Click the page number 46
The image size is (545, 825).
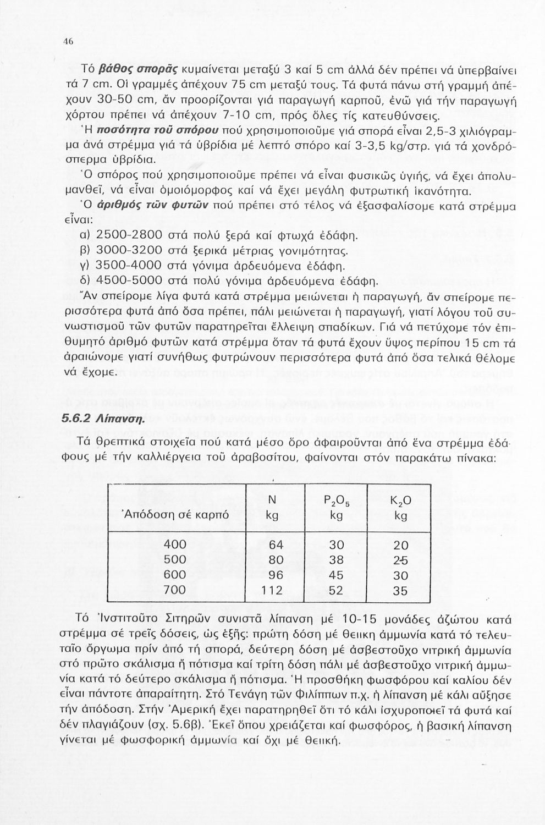tap(69, 41)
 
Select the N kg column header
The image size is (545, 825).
tap(272, 508)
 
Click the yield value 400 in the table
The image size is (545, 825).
tap(175, 544)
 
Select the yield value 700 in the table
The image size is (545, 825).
tap(175, 590)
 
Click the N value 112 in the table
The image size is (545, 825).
tap(271, 590)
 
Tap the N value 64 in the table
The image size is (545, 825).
tap(275, 544)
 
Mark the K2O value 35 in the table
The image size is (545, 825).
tap(401, 591)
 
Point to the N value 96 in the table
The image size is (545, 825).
tap(275, 575)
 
